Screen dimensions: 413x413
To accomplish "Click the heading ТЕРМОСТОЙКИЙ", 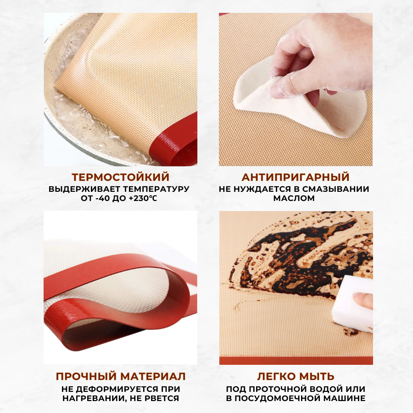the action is (120, 177).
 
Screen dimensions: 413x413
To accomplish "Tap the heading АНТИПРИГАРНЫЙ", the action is (296, 177).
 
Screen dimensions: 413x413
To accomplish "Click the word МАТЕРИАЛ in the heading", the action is (153, 376).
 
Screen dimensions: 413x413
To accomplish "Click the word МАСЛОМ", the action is (294, 198).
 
